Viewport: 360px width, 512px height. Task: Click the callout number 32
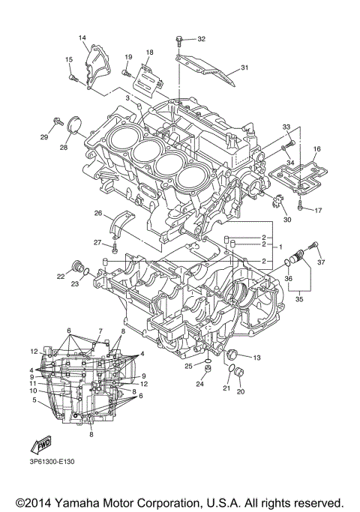(x=201, y=38)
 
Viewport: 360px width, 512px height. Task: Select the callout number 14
(x=82, y=37)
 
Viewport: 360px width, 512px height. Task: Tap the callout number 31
(x=244, y=68)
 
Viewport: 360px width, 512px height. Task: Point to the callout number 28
(x=64, y=148)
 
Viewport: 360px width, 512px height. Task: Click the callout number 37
(x=321, y=262)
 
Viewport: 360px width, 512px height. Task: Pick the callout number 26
(x=97, y=214)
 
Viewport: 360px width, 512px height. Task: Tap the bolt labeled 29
(x=57, y=120)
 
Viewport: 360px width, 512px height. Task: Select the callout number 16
(x=317, y=150)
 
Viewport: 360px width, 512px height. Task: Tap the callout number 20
(x=241, y=391)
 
